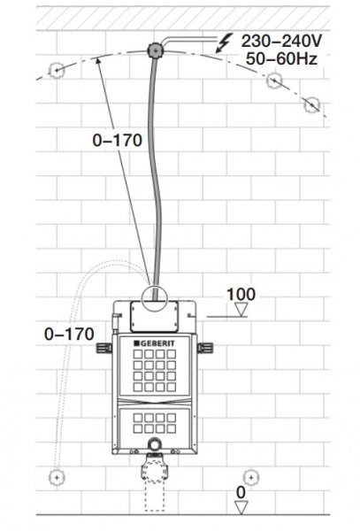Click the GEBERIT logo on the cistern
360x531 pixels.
pyautogui.click(x=154, y=343)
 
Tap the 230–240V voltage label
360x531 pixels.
pyautogui.click(x=281, y=41)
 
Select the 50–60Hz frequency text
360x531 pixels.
pyautogui.click(x=281, y=58)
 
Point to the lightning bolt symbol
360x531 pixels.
pyautogui.click(x=224, y=42)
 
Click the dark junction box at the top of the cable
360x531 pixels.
pyautogui.click(x=156, y=50)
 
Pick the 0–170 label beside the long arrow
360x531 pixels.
pyautogui.click(x=117, y=140)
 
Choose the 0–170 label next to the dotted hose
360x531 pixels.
pyautogui.click(x=69, y=334)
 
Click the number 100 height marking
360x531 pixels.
pyautogui.click(x=241, y=295)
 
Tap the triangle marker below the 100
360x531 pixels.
pyautogui.click(x=241, y=310)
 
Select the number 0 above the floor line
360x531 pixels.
pyautogui.click(x=241, y=492)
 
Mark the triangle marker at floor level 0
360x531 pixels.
pyautogui.click(x=241, y=508)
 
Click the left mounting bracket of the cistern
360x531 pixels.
pyautogui.click(x=104, y=348)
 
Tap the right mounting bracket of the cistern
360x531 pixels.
pyautogui.click(x=205, y=348)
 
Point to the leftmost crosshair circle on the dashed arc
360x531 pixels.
pyautogui.click(x=56, y=70)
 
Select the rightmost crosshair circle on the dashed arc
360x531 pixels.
pyautogui.click(x=311, y=104)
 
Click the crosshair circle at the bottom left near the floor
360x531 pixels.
pyautogui.click(x=57, y=477)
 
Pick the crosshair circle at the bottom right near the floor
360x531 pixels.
pyautogui.click(x=251, y=478)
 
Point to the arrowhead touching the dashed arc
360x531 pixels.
pyautogui.click(x=98, y=62)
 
